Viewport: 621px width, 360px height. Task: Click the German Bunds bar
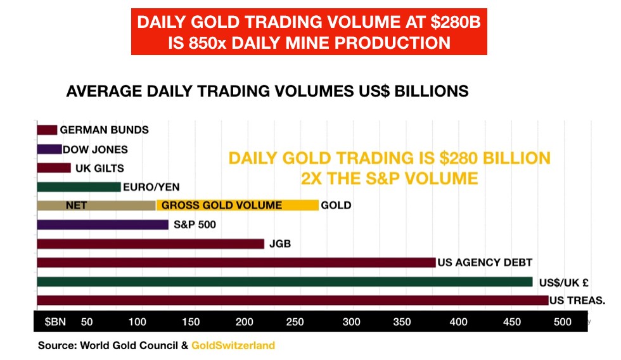click(x=47, y=130)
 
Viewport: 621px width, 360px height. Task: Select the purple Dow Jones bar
click(x=49, y=150)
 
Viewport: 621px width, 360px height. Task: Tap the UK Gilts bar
click(x=54, y=168)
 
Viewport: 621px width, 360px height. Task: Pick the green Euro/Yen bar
click(x=79, y=187)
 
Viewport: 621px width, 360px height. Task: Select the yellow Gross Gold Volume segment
click(x=237, y=205)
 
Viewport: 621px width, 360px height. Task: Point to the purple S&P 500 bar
click(x=103, y=224)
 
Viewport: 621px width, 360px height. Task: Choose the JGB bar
click(x=150, y=243)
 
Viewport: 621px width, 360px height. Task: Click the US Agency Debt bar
click(x=236, y=262)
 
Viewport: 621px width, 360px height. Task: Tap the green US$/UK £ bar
click(x=285, y=281)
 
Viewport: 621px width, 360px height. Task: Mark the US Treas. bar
click(x=293, y=300)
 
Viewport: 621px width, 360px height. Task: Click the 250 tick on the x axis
click(x=295, y=322)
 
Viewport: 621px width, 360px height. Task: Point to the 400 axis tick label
click(x=458, y=322)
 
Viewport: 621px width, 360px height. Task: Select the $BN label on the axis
click(x=55, y=322)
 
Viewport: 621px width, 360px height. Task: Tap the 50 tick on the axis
click(x=87, y=322)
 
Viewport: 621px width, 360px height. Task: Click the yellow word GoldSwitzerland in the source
click(x=233, y=346)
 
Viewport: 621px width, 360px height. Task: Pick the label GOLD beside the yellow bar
click(x=336, y=205)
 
